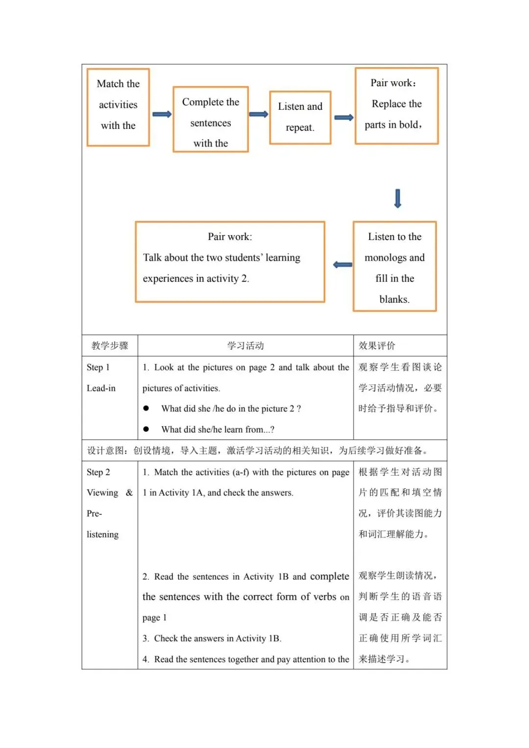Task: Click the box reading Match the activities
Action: click(118, 107)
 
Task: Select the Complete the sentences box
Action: click(211, 120)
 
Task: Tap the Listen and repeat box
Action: click(300, 118)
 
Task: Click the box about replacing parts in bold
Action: click(396, 106)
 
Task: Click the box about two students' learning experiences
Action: click(230, 262)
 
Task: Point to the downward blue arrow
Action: click(398, 198)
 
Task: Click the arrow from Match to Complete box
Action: click(162, 114)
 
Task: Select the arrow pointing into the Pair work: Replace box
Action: click(343, 118)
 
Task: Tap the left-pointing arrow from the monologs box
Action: click(342, 265)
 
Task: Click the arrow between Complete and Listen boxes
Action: click(259, 115)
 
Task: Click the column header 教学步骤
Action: click(110, 345)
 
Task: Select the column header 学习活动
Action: click(245, 345)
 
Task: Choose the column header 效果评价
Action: click(377, 345)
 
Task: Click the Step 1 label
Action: click(98, 367)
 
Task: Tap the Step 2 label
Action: click(98, 472)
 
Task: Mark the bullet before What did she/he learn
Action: click(146, 429)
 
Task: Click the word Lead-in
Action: click(101, 388)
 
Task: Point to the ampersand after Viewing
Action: click(129, 493)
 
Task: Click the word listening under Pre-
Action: click(102, 534)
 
